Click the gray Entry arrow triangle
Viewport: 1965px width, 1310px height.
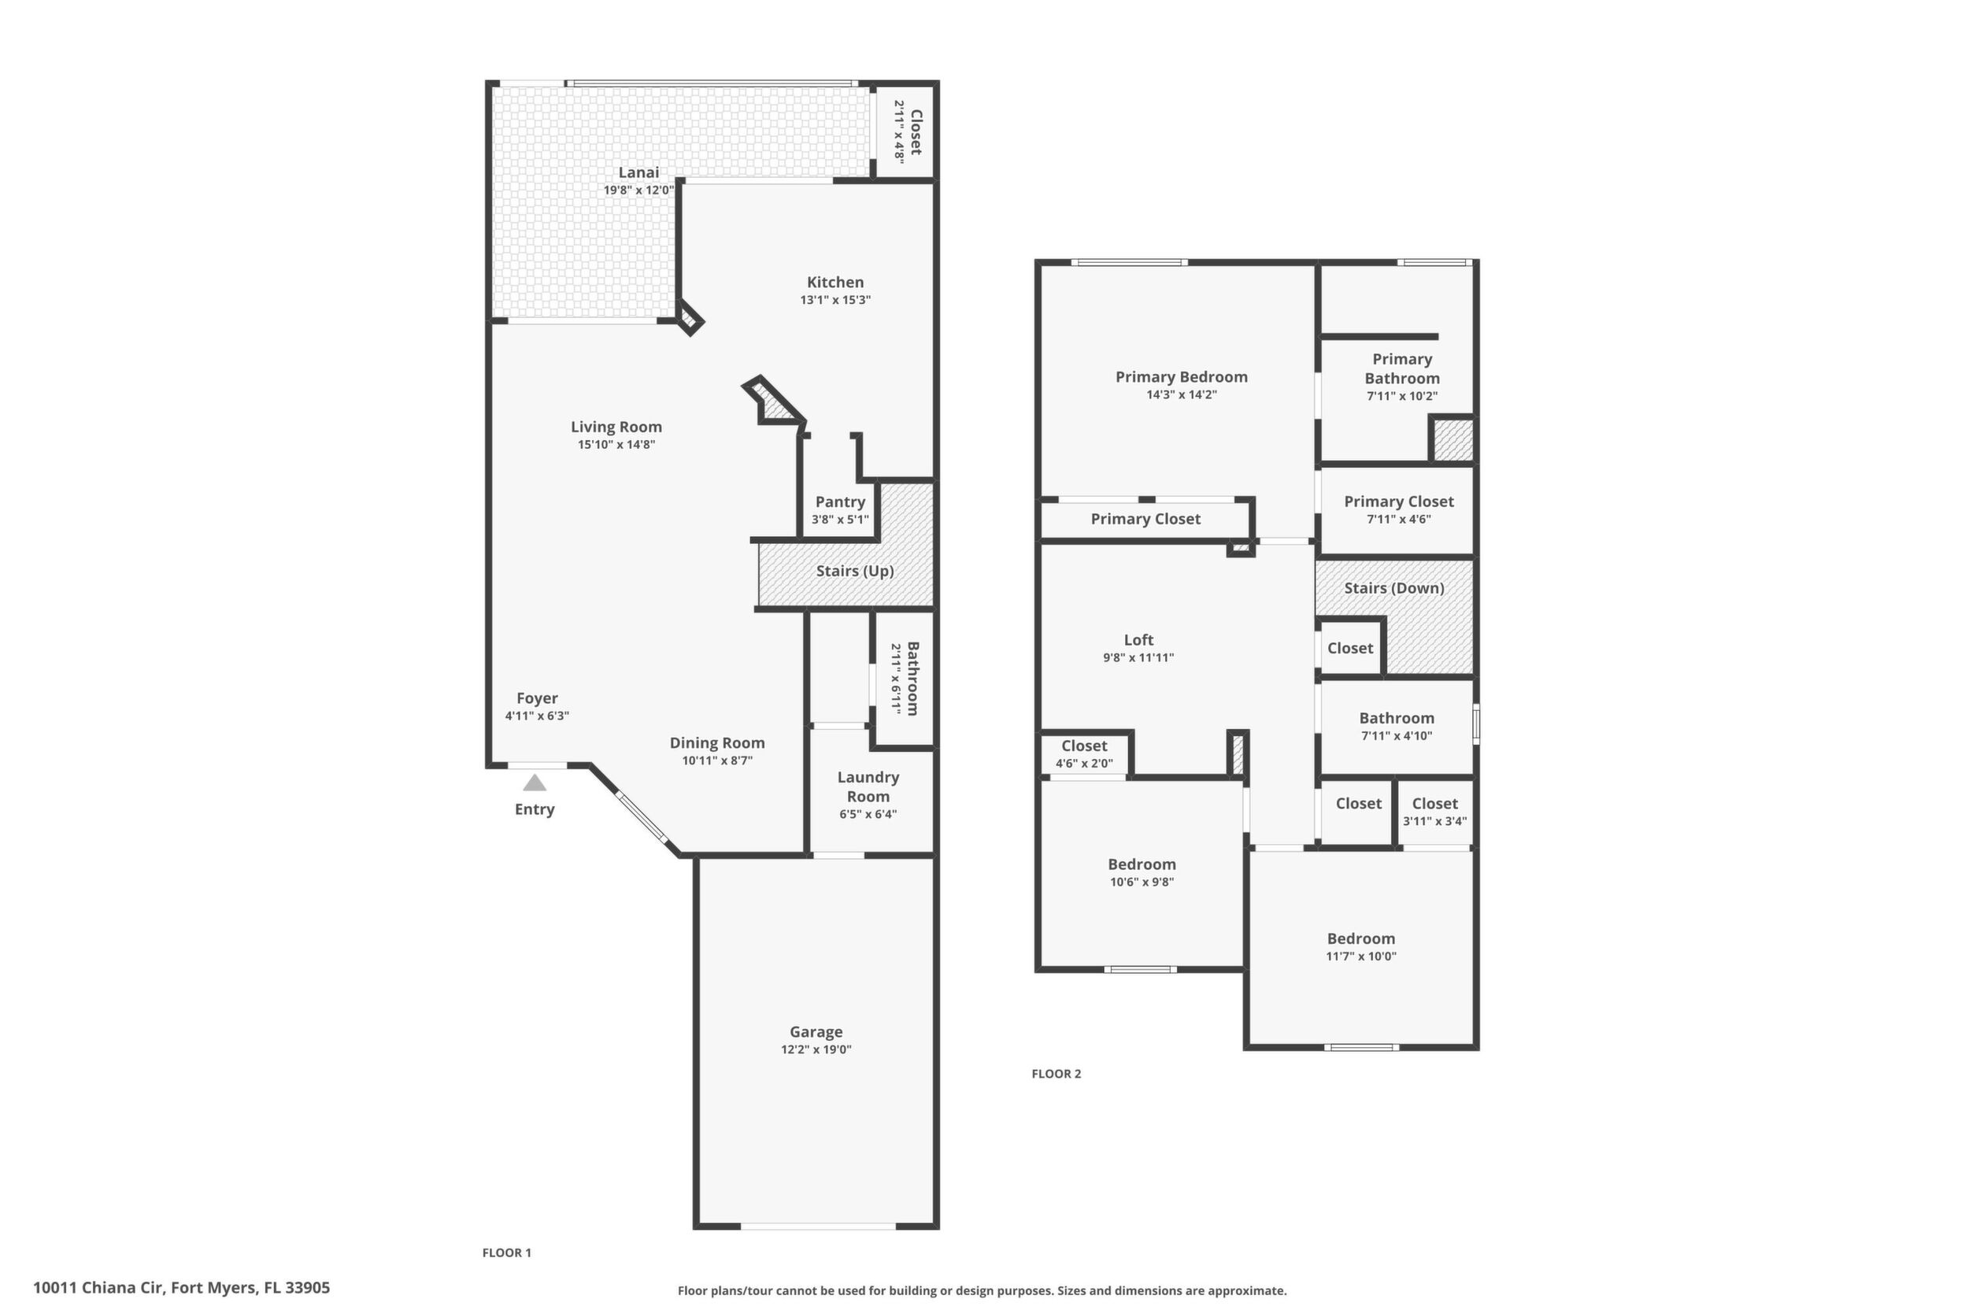(x=535, y=783)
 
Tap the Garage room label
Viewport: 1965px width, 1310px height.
(x=816, y=1032)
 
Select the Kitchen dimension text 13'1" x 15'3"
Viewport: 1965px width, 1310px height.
(x=835, y=300)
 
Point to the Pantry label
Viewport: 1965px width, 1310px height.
(x=841, y=501)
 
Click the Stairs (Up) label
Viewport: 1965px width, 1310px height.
(x=855, y=571)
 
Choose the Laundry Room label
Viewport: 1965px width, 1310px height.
(x=868, y=786)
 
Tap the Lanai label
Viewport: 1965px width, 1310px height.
(x=639, y=172)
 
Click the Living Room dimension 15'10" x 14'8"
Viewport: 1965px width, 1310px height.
(x=616, y=445)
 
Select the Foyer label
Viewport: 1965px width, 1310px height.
(x=537, y=698)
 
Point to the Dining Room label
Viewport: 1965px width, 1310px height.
(x=718, y=742)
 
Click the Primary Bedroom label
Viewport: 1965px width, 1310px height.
(x=1182, y=377)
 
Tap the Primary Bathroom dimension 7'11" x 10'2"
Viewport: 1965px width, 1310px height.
(x=1402, y=396)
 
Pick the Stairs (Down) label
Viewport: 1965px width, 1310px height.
(x=1394, y=588)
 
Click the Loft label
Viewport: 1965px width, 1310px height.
(x=1138, y=640)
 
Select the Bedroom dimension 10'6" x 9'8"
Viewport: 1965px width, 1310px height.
(x=1142, y=882)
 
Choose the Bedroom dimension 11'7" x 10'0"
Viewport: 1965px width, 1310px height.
(x=1361, y=956)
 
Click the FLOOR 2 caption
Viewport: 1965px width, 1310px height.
(x=1056, y=1074)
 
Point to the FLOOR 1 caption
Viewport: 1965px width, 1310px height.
(x=506, y=1253)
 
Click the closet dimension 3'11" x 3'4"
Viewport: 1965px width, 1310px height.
(x=1434, y=821)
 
